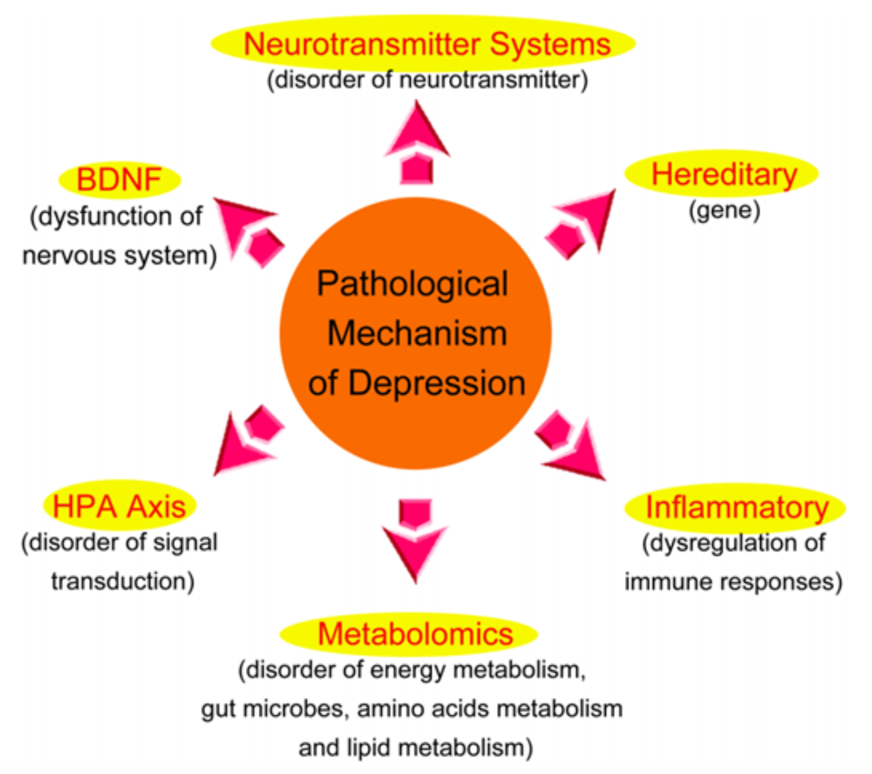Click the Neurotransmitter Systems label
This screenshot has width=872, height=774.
coord(423,43)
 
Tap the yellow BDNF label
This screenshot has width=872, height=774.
coord(120,179)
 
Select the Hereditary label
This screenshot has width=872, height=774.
coord(721,174)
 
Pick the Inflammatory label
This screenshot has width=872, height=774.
coord(735,508)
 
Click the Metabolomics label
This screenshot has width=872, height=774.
coord(409,634)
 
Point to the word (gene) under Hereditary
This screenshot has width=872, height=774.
coord(725,210)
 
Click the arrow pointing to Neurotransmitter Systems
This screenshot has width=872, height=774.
coord(417,143)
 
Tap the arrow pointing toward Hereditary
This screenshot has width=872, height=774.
coord(581,224)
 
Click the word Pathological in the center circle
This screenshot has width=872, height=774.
coord(412,284)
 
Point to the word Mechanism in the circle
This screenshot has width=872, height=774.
coord(417,333)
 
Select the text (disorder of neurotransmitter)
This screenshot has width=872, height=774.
coord(428,81)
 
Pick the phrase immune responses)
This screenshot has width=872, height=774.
coord(733,582)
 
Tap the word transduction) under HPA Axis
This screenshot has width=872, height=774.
coord(123,582)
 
